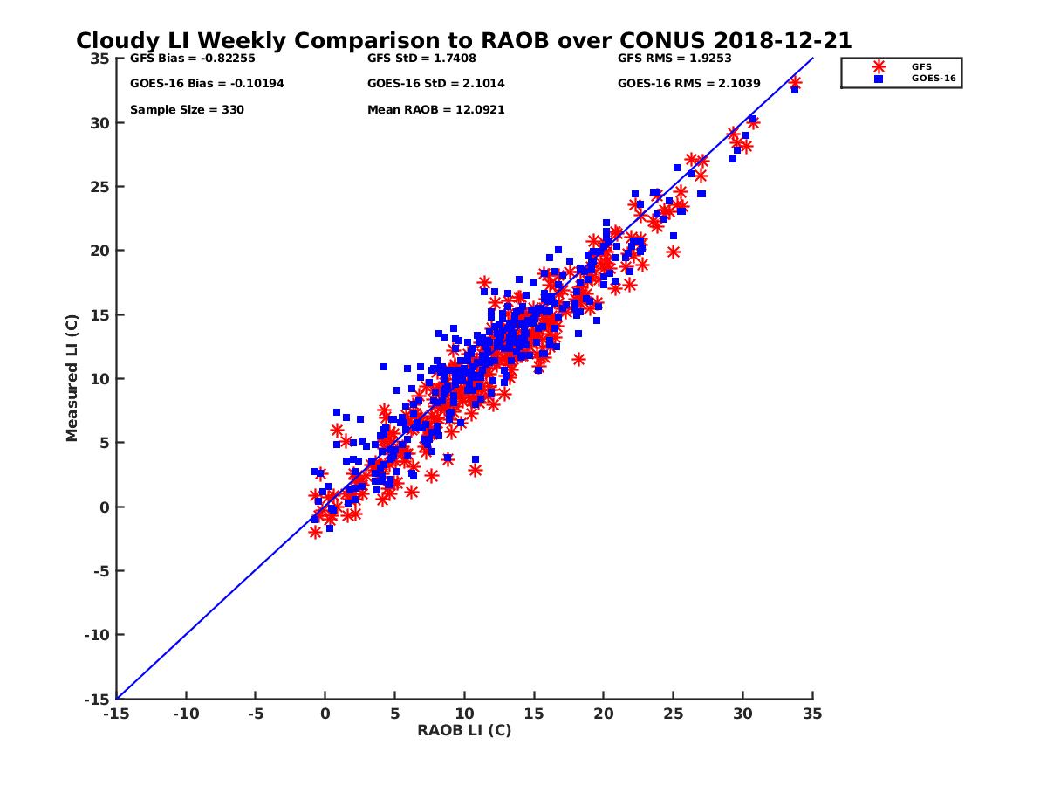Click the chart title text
(463, 41)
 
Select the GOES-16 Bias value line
(207, 84)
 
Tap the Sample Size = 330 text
(187, 110)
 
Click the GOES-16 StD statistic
(435, 84)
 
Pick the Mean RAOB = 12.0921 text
(435, 110)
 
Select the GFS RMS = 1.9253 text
(674, 59)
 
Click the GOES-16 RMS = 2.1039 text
(688, 84)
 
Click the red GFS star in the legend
(879, 66)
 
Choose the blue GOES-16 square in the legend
(879, 79)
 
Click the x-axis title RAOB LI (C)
(463, 730)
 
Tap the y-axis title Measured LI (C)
(72, 378)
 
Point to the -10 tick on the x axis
(185, 714)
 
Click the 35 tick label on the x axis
(812, 714)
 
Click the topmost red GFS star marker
(795, 83)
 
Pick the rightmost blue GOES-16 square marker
(794, 90)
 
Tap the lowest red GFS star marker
(315, 532)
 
